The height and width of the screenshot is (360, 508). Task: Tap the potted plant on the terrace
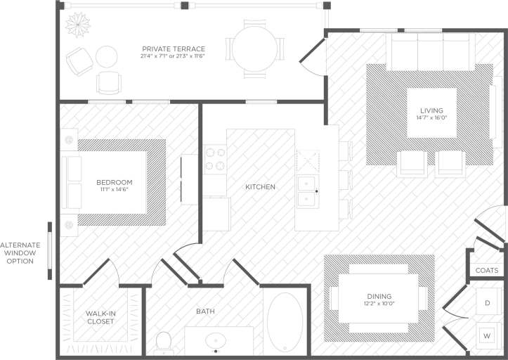pyautogui.click(x=77, y=24)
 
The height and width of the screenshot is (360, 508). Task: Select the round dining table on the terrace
pyautogui.click(x=254, y=48)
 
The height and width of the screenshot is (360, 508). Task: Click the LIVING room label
pyautogui.click(x=431, y=111)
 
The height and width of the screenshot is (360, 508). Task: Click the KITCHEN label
pyautogui.click(x=260, y=187)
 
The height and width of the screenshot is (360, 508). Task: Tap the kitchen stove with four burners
pyautogui.click(x=216, y=159)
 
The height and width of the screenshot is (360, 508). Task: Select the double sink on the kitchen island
pyautogui.click(x=308, y=190)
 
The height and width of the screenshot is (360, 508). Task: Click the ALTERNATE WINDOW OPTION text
pyautogui.click(x=19, y=252)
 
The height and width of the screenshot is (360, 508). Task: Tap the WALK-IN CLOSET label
pyautogui.click(x=100, y=317)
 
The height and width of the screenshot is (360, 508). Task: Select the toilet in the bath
pyautogui.click(x=164, y=343)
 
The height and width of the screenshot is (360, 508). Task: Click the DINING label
pyautogui.click(x=379, y=296)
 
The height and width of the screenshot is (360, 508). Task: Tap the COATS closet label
pyautogui.click(x=486, y=270)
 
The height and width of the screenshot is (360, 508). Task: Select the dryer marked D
pyautogui.click(x=488, y=302)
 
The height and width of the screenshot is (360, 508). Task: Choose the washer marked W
pyautogui.click(x=488, y=335)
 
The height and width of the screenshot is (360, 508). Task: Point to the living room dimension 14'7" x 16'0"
pyautogui.click(x=431, y=118)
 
